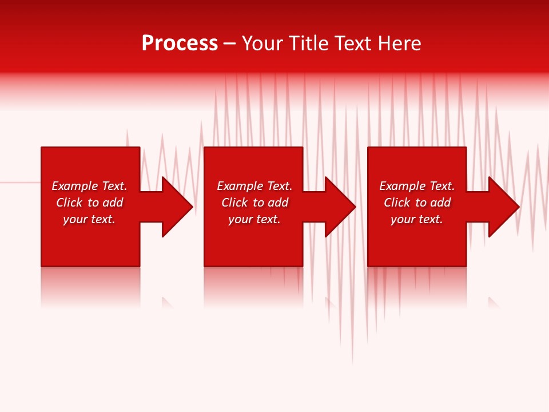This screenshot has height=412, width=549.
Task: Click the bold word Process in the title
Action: tap(180, 43)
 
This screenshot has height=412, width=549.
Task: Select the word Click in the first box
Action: tap(69, 203)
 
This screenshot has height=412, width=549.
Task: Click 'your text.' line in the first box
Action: tap(89, 219)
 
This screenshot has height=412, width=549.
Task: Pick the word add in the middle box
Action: tap(278, 203)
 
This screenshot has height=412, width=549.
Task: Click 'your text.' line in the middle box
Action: tap(254, 219)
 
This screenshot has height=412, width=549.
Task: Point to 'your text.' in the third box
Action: tap(417, 219)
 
